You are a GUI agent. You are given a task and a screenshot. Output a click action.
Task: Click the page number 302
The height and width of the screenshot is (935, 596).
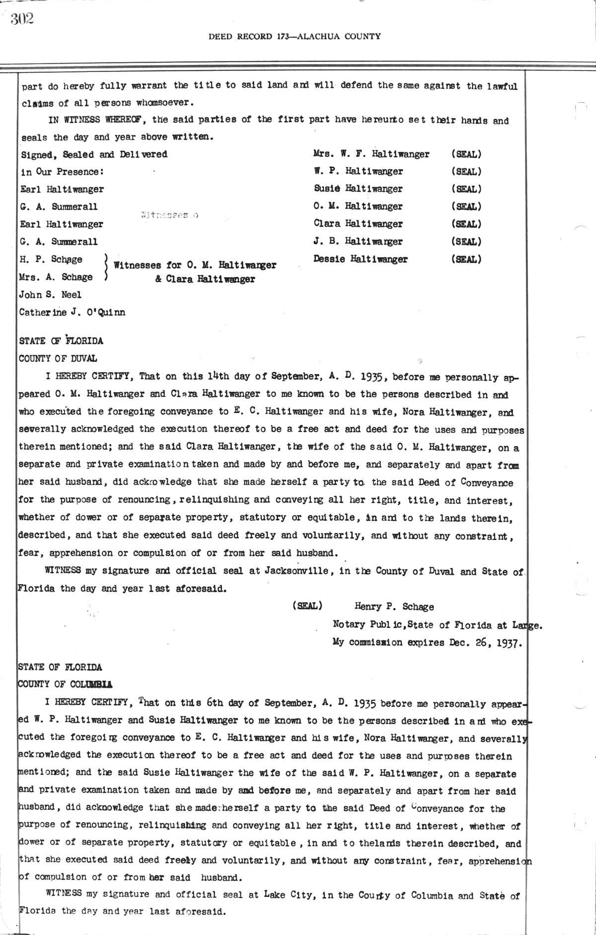[x=22, y=19]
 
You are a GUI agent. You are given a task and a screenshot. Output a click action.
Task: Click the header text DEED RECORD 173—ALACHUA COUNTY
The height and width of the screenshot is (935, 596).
[x=295, y=36]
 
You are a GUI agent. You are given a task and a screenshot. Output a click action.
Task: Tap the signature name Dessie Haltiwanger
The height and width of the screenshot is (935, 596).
[x=361, y=259]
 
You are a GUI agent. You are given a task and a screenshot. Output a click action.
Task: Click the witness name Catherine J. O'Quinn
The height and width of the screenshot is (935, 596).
[x=72, y=313]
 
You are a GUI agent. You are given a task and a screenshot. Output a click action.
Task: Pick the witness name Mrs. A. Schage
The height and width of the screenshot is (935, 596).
[x=56, y=277]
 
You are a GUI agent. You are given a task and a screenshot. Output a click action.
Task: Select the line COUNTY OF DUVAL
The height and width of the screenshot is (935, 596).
[x=58, y=358]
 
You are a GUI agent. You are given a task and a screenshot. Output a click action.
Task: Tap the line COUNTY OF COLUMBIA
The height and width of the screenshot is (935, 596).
[x=65, y=684]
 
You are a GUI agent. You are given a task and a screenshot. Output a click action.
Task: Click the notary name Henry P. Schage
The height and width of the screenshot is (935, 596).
[x=394, y=606]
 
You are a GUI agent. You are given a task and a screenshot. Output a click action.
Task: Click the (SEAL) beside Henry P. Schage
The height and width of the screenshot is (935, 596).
[x=308, y=606]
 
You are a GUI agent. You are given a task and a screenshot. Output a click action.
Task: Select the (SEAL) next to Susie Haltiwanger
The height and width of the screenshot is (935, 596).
[x=466, y=189]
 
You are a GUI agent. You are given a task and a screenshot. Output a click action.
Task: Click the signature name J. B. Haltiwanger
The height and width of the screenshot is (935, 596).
[x=358, y=242]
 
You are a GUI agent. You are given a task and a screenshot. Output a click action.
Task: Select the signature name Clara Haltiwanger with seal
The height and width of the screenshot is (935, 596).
[x=358, y=224]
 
